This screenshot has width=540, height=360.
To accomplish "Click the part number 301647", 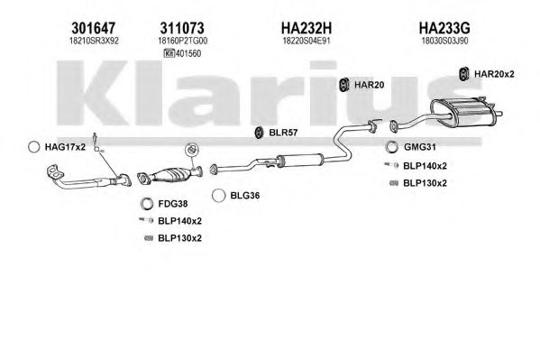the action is [94, 28].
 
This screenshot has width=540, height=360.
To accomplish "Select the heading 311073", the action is [182, 28].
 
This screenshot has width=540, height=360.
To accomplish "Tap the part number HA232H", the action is [307, 28].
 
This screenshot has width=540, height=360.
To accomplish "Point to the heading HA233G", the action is [444, 28].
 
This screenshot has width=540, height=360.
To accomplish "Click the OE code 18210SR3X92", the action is [94, 41].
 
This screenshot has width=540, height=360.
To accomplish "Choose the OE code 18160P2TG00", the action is [182, 41].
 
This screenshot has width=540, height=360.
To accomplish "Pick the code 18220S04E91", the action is [307, 41].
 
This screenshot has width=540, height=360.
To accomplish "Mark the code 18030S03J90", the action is [444, 41].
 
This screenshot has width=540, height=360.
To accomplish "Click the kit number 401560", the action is [188, 53].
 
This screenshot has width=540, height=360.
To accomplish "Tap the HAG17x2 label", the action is [65, 147].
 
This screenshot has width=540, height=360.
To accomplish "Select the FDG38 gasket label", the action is [173, 204].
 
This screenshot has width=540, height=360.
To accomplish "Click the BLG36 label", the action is [245, 196].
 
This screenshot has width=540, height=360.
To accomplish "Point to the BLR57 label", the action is [283, 133].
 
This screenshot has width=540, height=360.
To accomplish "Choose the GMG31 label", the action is [420, 147].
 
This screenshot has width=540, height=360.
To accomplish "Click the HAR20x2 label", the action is [494, 74].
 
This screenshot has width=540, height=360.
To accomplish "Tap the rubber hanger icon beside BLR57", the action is [259, 133].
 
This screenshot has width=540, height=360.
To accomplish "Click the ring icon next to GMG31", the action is [391, 147].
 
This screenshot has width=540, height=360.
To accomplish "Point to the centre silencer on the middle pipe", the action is [299, 160].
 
